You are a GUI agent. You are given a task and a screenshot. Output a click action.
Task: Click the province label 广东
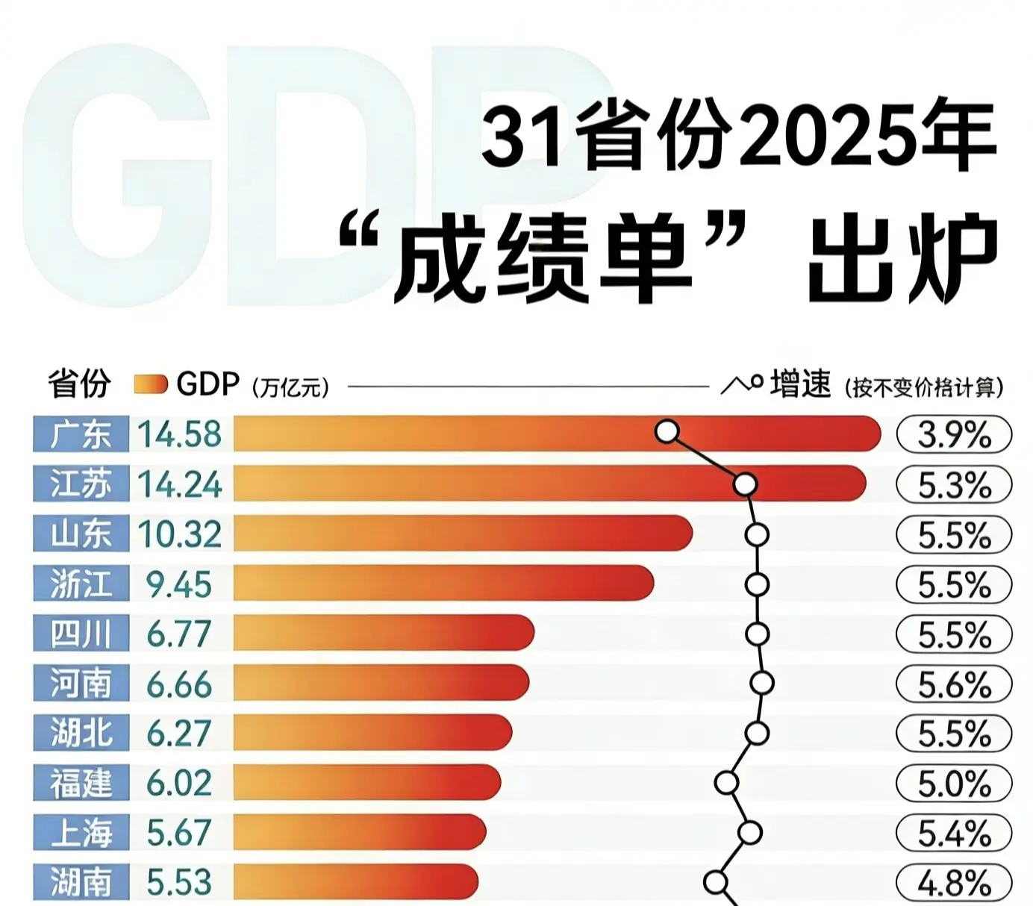(81, 434)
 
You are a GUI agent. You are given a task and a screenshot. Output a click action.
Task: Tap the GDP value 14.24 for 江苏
(180, 484)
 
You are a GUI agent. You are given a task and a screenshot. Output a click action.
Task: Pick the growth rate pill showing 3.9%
(954, 434)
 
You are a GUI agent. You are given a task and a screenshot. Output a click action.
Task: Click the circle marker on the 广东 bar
(667, 431)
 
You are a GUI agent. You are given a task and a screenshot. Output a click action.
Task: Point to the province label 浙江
(81, 584)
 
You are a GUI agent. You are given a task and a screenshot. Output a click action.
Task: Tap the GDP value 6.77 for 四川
(179, 634)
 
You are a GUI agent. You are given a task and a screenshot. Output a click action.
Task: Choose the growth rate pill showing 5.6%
(954, 684)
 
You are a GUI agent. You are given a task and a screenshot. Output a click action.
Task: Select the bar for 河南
(381, 683)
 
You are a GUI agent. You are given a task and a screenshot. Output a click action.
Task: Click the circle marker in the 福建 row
(726, 783)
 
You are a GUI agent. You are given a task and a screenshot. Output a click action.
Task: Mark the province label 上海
(81, 833)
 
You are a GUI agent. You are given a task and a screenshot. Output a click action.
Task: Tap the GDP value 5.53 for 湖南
(179, 882)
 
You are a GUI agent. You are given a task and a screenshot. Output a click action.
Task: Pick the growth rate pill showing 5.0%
(954, 784)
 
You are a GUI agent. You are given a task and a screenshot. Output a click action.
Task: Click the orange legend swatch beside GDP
(151, 385)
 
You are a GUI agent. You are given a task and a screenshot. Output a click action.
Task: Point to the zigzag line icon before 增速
(741, 384)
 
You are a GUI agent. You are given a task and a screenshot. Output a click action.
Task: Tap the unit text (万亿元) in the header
(290, 387)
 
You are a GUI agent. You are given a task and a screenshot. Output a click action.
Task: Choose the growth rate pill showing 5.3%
(954, 485)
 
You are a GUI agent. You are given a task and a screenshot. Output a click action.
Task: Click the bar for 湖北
(372, 733)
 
